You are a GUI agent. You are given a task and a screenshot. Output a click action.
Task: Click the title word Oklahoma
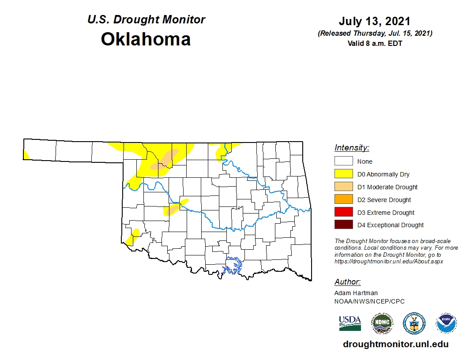[x=146, y=39]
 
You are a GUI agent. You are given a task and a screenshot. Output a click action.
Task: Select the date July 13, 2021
[x=375, y=21]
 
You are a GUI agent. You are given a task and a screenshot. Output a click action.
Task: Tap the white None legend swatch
[x=343, y=161]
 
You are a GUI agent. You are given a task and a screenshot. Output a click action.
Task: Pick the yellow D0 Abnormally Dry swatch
[x=343, y=174]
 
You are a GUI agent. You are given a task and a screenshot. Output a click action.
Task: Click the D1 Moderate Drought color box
[x=343, y=187]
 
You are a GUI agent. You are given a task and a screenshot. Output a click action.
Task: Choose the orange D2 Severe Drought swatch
[x=343, y=200]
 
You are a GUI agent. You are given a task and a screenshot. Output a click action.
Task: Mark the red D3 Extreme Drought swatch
[x=343, y=212]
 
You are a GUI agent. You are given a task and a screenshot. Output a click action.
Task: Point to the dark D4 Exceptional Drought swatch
[x=343, y=225]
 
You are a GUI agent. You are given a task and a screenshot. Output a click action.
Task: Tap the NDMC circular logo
[x=382, y=323]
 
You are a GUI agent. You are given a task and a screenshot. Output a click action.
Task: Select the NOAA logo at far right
[x=446, y=323]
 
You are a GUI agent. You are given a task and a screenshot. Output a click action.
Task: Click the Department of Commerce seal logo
[x=414, y=323]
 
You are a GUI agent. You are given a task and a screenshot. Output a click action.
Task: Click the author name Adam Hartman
[x=356, y=293]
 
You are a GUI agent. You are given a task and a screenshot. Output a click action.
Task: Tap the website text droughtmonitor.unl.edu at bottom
[x=395, y=345]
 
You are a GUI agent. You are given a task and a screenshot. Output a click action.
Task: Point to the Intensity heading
[x=352, y=148]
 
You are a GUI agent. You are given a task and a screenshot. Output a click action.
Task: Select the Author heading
[x=347, y=282]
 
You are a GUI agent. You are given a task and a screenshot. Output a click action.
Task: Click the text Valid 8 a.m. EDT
[x=375, y=43]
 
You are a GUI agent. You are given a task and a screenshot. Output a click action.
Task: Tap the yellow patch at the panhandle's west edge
[x=26, y=154]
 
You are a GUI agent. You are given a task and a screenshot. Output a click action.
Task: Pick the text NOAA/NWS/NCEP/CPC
[x=369, y=301]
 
